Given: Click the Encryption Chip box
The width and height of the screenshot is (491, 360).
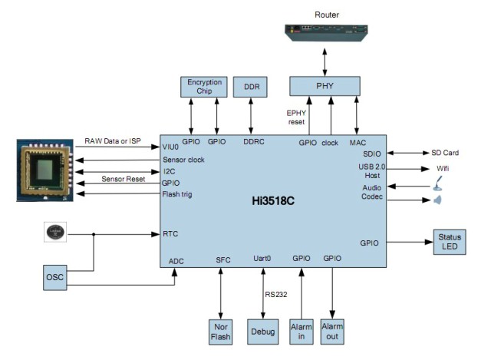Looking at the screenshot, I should pos(203,87).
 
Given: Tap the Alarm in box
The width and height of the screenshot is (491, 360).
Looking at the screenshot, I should pos(302,332).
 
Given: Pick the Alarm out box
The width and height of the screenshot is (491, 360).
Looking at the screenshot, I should pos(332,332).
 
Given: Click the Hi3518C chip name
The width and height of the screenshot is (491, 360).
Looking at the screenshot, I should pos(274,199).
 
